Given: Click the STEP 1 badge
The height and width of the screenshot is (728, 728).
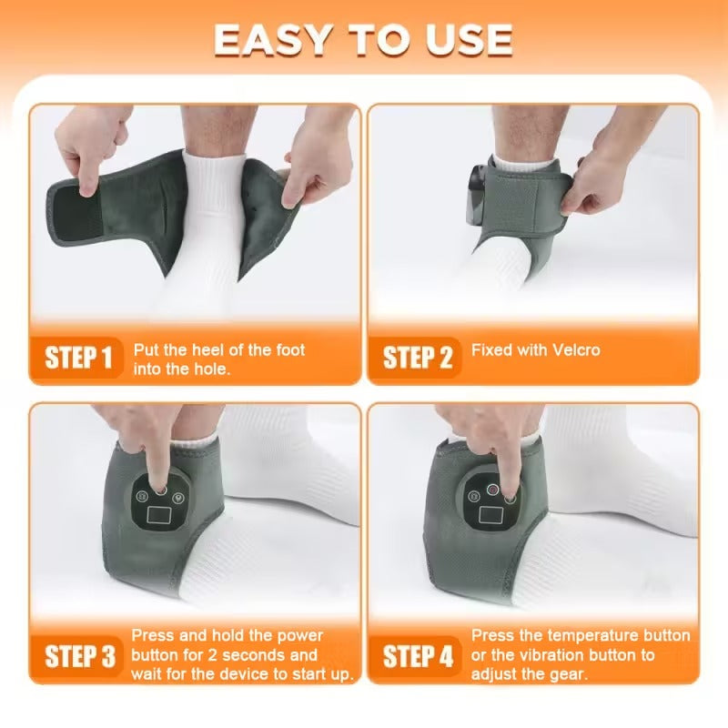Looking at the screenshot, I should click(x=80, y=358).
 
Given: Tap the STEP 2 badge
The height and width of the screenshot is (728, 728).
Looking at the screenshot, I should click(x=418, y=358).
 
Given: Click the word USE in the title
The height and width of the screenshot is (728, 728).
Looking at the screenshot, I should click(x=463, y=39).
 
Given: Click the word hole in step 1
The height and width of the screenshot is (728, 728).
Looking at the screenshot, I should click(x=210, y=369).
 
